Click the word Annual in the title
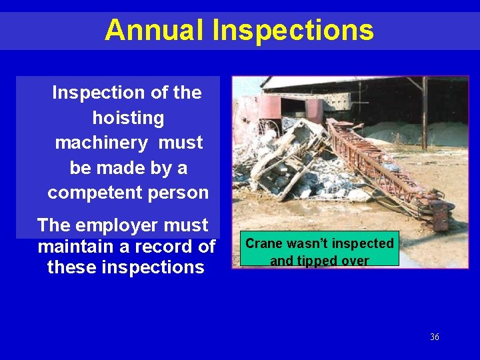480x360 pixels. pyautogui.click(x=155, y=30)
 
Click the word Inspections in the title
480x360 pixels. pyautogui.click(x=293, y=30)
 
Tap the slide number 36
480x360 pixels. pyautogui.click(x=435, y=337)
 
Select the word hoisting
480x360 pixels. pyautogui.click(x=128, y=118)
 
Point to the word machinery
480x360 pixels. pyautogui.click(x=101, y=143)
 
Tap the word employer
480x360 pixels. pyautogui.click(x=113, y=225)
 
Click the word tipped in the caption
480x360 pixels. pyautogui.click(x=318, y=261)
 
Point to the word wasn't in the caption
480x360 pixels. pyautogui.click(x=309, y=243)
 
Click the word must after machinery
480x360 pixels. pyautogui.click(x=181, y=143)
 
